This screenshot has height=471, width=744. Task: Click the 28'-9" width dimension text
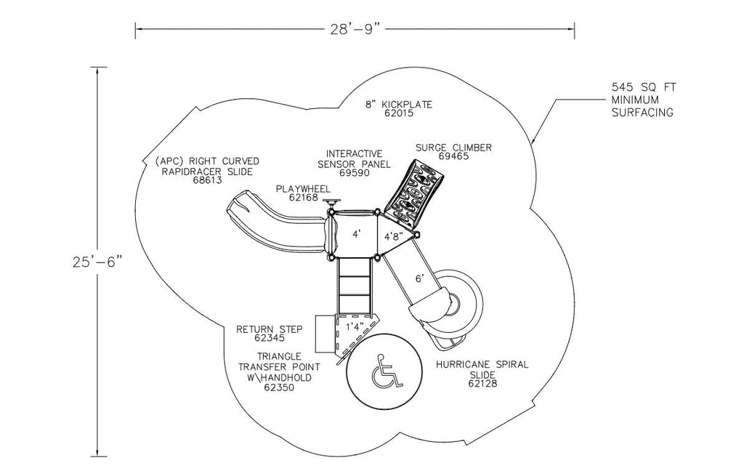pos(354,29)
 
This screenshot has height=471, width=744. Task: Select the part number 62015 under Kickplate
pos(399,114)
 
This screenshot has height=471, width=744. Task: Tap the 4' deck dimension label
pos(356,234)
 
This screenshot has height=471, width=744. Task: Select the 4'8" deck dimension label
pos(395,235)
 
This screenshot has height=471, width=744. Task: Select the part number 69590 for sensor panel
pos(355,173)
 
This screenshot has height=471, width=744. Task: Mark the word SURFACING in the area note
pos(642,113)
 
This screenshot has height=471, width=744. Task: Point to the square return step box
pos(325,333)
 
